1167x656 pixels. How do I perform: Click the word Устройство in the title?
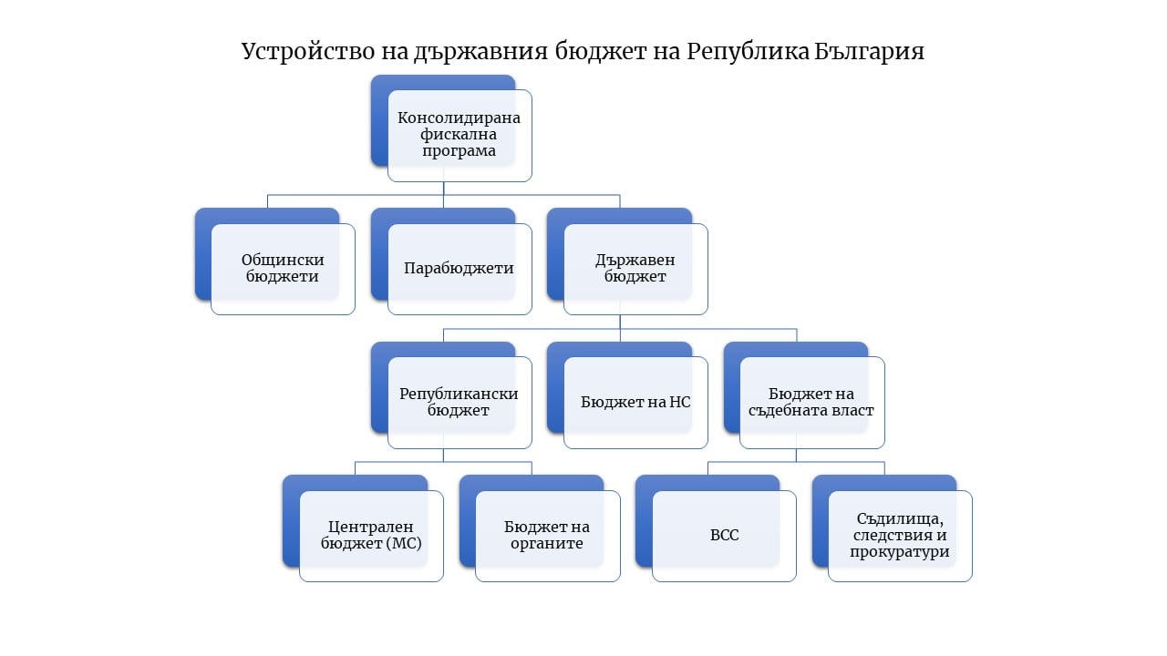coord(308,52)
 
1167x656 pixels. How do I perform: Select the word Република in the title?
coord(748,52)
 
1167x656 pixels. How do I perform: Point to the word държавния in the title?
coord(480,52)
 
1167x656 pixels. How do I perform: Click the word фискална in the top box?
coord(459,135)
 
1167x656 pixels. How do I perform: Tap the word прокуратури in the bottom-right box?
coord(900,552)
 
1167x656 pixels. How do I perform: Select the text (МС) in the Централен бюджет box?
coord(404,544)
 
